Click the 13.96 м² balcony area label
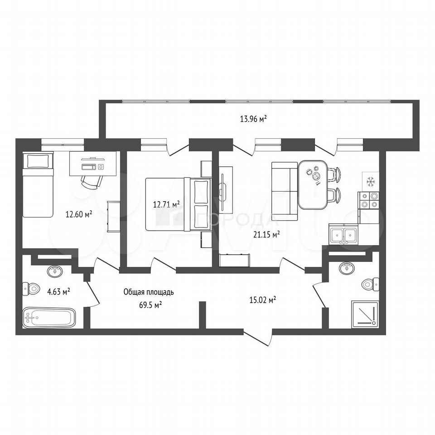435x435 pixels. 253,119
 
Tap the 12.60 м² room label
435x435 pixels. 79,214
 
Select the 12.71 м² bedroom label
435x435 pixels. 166,204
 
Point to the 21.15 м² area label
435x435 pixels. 266,234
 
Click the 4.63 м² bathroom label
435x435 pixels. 58,291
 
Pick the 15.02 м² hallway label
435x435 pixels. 263,300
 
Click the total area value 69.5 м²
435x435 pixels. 150,305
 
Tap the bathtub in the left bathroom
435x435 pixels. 49,318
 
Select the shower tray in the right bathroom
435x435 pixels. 364,314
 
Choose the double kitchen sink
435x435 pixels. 344,235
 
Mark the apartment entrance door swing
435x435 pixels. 258,338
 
